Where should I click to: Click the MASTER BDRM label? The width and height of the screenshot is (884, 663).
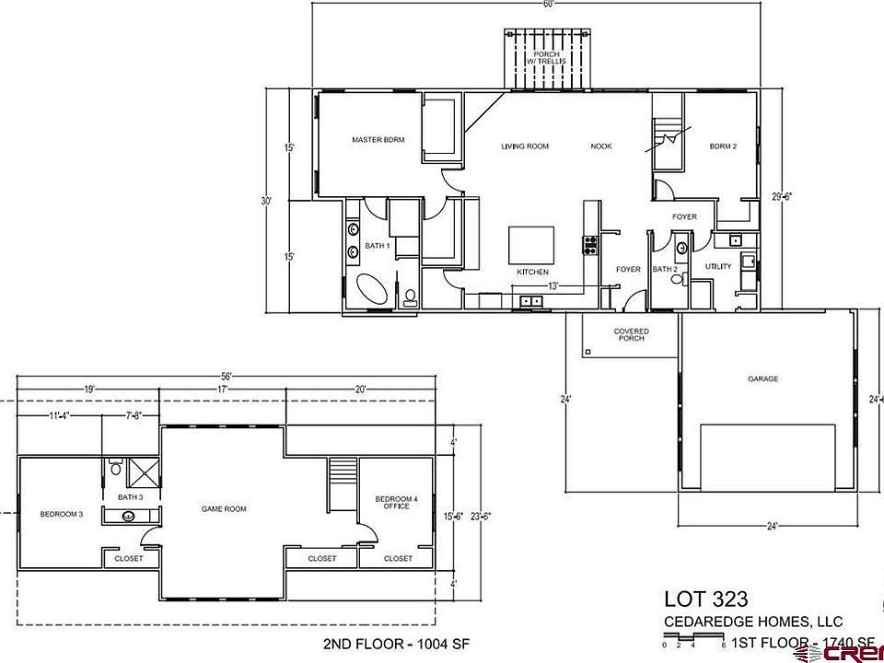pyautogui.click(x=373, y=141)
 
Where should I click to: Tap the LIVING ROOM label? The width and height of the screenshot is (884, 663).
pyautogui.click(x=525, y=146)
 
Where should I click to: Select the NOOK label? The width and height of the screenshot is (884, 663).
pyautogui.click(x=601, y=146)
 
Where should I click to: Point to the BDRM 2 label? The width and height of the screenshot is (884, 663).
pyautogui.click(x=723, y=146)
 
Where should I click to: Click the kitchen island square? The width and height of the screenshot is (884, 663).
pyautogui.click(x=532, y=245)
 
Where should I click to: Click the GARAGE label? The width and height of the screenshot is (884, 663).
pyautogui.click(x=762, y=378)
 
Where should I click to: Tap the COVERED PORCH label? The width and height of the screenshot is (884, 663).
pyautogui.click(x=632, y=334)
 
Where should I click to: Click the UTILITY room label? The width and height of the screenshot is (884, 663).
pyautogui.click(x=718, y=267)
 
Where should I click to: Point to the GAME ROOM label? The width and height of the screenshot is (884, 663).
pyautogui.click(x=225, y=508)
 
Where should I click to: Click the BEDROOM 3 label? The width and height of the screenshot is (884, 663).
pyautogui.click(x=63, y=514)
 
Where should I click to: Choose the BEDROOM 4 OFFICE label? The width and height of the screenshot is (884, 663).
pyautogui.click(x=397, y=502)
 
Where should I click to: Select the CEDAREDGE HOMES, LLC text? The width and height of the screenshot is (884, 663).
pyautogui.click(x=752, y=622)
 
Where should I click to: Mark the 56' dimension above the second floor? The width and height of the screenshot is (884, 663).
pyautogui.click(x=226, y=376)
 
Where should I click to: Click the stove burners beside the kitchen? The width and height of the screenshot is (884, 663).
pyautogui.click(x=589, y=244)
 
